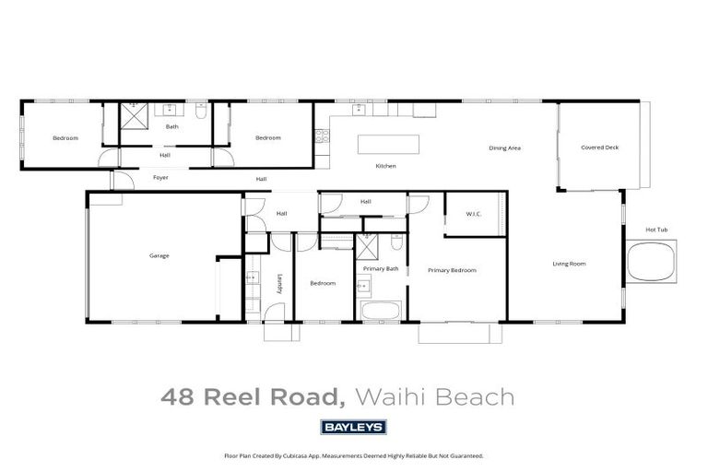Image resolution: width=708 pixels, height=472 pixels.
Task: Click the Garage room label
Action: coord(159,255)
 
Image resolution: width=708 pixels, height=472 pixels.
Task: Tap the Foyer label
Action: coord(160,175)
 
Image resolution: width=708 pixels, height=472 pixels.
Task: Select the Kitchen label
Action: coord(385,166)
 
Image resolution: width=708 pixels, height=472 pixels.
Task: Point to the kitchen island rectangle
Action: coord(388,145)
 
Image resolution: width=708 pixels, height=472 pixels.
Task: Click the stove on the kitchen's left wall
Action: coord(322,137)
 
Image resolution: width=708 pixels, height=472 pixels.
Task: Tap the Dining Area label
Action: coord(505,147)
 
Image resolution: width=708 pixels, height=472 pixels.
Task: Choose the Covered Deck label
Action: coord(599,147)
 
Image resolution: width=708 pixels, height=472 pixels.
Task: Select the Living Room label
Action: coord(569,264)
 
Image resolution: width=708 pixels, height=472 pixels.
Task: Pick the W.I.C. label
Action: coord(474,215)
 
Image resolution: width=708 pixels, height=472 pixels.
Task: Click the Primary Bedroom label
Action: coord(452,270)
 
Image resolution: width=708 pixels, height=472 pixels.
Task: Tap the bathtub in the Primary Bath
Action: coord(380,310)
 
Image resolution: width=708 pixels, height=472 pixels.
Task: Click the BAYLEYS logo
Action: coord(353,427)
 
